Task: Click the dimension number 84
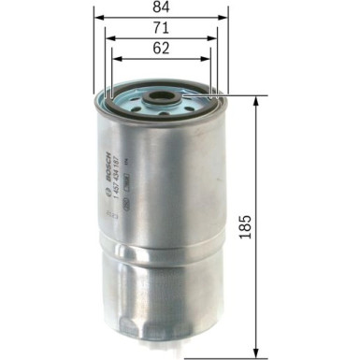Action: pyautogui.click(x=162, y=11)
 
